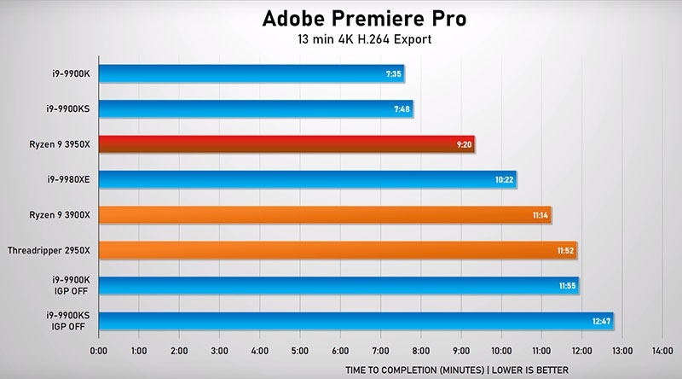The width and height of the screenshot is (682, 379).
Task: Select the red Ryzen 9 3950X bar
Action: click(x=286, y=144)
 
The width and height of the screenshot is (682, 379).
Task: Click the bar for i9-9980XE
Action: click(x=307, y=179)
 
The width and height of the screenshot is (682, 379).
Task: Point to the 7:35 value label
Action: click(x=393, y=73)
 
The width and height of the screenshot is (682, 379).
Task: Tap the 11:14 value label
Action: click(x=540, y=215)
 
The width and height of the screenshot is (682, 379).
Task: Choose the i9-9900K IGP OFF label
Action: click(x=78, y=285)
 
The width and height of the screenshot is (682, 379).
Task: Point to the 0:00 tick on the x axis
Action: click(x=99, y=350)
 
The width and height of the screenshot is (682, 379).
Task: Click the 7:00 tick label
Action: click(x=380, y=350)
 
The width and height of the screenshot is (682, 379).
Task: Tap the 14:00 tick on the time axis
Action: click(x=662, y=350)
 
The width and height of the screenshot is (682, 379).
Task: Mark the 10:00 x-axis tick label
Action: click(x=500, y=350)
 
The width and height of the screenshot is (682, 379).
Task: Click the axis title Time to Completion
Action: click(x=456, y=370)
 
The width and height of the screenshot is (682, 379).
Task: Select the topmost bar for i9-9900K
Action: click(x=251, y=73)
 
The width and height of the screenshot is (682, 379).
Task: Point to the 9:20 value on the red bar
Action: click(x=464, y=144)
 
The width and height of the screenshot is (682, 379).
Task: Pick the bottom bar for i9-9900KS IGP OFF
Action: click(x=355, y=321)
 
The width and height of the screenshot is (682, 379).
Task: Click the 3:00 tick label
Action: click(x=219, y=350)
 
